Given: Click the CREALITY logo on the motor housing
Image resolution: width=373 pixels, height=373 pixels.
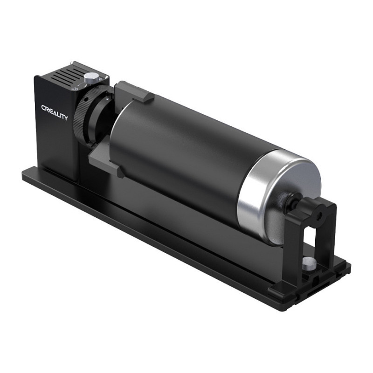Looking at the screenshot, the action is tap(55, 112).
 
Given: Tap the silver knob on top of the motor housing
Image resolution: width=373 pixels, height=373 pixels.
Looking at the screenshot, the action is tap(91, 77).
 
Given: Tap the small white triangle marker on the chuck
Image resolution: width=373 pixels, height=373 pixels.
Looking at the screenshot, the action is tap(107, 98).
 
